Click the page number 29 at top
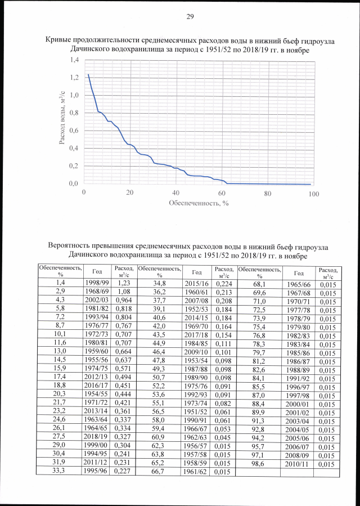pos(190,16)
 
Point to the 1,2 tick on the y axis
pos(72,77)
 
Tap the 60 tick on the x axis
pos(222,193)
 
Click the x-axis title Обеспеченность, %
pos(198,203)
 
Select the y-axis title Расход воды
pos(63,122)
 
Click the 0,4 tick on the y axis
pos(72,149)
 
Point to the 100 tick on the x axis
pos(313,193)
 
